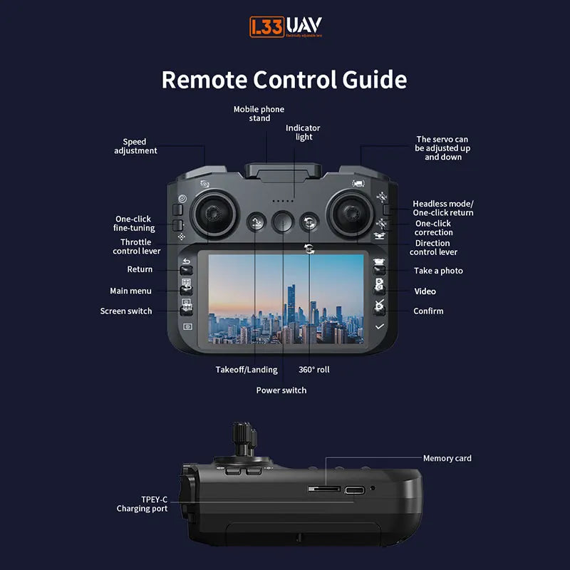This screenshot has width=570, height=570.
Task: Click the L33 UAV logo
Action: [x=285, y=27]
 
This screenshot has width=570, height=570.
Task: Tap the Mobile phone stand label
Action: [x=259, y=113]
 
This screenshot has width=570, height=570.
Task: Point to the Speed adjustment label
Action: [x=135, y=146]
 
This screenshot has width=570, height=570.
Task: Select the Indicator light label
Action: [x=304, y=133]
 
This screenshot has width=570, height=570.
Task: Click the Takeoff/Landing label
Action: [x=247, y=370]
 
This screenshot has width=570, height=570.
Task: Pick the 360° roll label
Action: [x=314, y=370]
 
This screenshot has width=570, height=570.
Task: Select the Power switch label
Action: [x=281, y=390]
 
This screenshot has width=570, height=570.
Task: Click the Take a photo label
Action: [x=438, y=271]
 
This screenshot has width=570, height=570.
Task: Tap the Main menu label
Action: [x=130, y=291]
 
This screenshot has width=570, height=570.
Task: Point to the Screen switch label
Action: [x=126, y=311]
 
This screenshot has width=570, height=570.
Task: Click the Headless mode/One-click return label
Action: [x=442, y=208]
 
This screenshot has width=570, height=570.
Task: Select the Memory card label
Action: [x=447, y=458]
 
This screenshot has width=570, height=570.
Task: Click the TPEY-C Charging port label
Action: [x=142, y=504]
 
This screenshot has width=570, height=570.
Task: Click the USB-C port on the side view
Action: [x=354, y=489]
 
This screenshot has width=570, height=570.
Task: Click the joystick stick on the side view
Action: [x=242, y=436]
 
